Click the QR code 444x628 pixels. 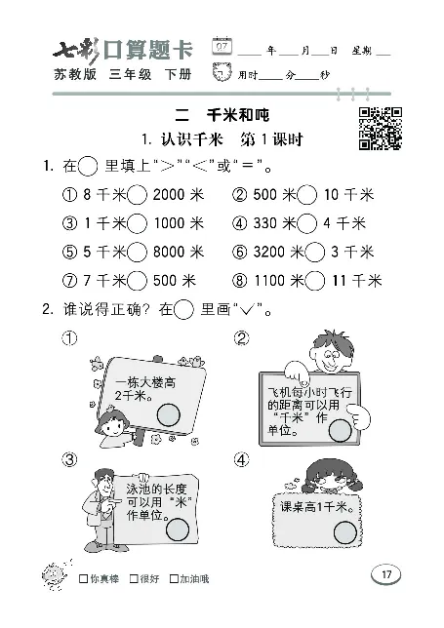(x=382, y=128)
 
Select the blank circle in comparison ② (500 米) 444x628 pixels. (x=308, y=195)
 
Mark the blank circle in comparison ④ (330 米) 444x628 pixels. (x=308, y=223)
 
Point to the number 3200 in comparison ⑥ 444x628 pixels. (x=269, y=252)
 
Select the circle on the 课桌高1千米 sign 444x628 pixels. (x=345, y=530)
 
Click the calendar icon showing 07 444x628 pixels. (x=223, y=47)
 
